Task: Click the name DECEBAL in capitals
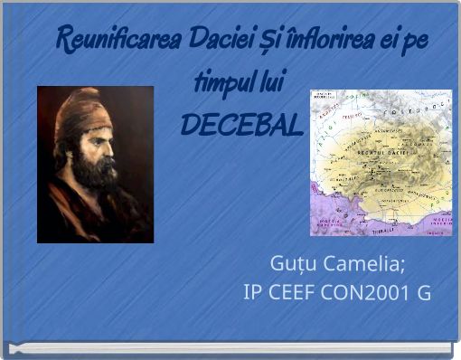[241, 126]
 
